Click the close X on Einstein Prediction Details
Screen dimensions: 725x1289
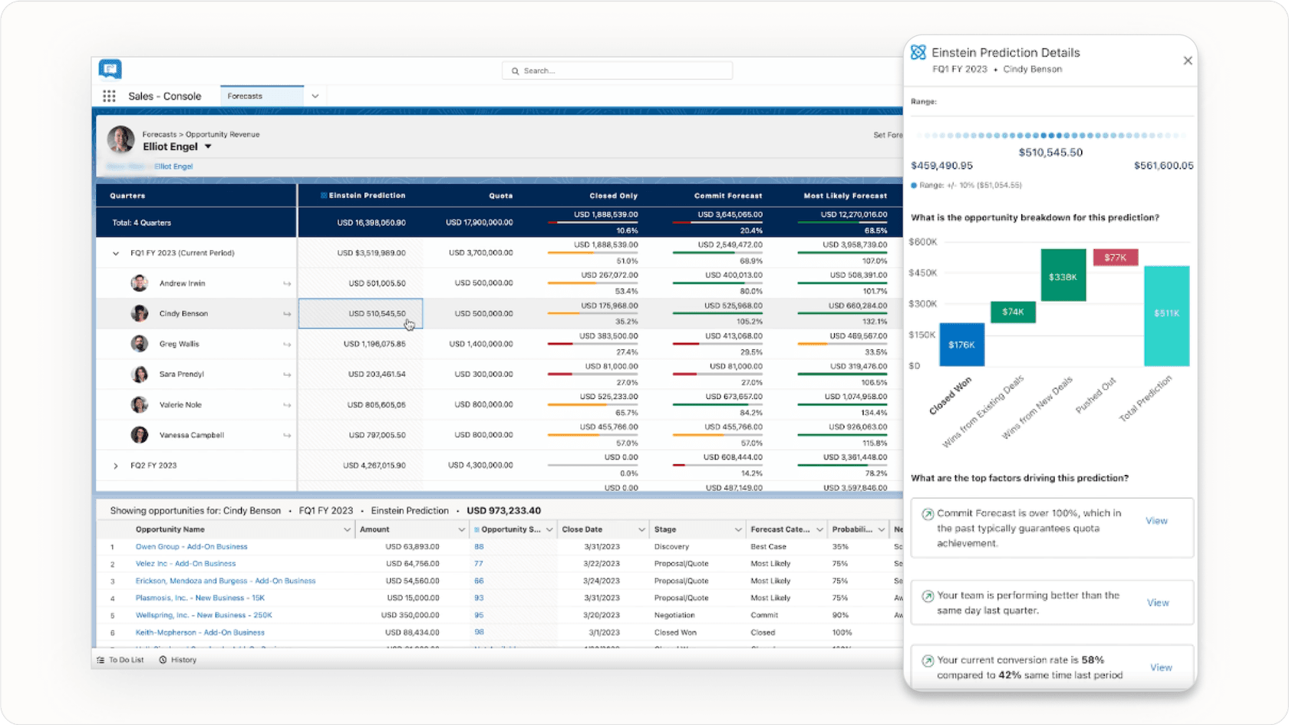(x=1188, y=61)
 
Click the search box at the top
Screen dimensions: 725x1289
(x=618, y=71)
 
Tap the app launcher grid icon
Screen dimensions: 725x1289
(x=109, y=96)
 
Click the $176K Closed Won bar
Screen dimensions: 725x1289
(x=961, y=344)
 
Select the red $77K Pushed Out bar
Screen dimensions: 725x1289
(x=1115, y=258)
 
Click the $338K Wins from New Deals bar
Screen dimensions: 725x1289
(x=1063, y=275)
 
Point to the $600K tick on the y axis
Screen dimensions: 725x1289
(x=922, y=242)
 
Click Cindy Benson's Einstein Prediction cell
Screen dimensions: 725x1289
(x=360, y=314)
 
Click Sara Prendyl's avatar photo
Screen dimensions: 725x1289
(x=140, y=374)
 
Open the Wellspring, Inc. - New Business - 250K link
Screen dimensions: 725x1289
(x=203, y=615)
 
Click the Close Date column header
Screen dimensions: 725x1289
(x=582, y=529)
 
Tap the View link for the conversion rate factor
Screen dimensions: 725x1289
(x=1161, y=667)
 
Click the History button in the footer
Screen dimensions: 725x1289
(x=178, y=660)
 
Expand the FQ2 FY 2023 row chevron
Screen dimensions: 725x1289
(x=116, y=466)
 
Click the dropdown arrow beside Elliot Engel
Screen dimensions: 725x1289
(x=208, y=147)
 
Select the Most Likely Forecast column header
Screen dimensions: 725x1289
(x=845, y=196)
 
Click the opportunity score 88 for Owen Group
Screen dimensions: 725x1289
(x=479, y=547)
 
